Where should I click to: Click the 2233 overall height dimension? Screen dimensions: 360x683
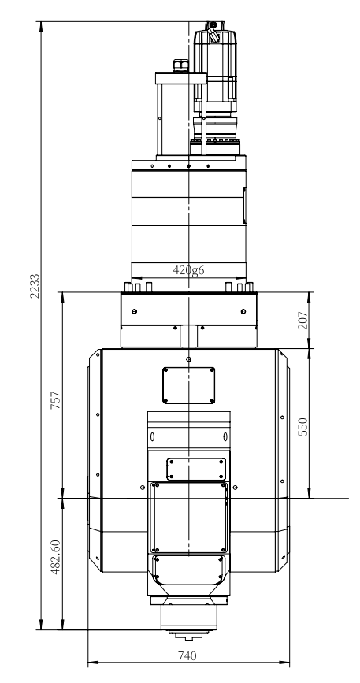(35, 286)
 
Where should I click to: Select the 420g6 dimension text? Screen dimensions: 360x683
(188, 270)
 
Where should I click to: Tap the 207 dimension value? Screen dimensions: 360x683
(303, 320)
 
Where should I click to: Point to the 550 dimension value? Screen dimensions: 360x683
(303, 427)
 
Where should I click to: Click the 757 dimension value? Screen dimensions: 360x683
(56, 400)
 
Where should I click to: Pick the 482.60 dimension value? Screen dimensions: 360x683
(56, 557)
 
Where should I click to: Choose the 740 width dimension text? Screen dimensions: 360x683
(187, 655)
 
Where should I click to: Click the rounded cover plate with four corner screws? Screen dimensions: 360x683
(188, 385)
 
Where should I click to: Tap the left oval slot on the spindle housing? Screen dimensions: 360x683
(152, 436)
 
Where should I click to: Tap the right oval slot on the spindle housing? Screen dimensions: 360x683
(225, 436)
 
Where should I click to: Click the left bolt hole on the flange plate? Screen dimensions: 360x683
(134, 311)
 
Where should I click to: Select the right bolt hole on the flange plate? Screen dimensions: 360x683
(243, 311)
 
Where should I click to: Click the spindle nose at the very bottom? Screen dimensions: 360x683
(188, 637)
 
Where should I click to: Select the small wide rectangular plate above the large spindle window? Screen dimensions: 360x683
(196, 470)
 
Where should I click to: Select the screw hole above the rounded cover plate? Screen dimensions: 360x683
(188, 359)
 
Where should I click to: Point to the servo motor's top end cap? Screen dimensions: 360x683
(213, 26)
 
